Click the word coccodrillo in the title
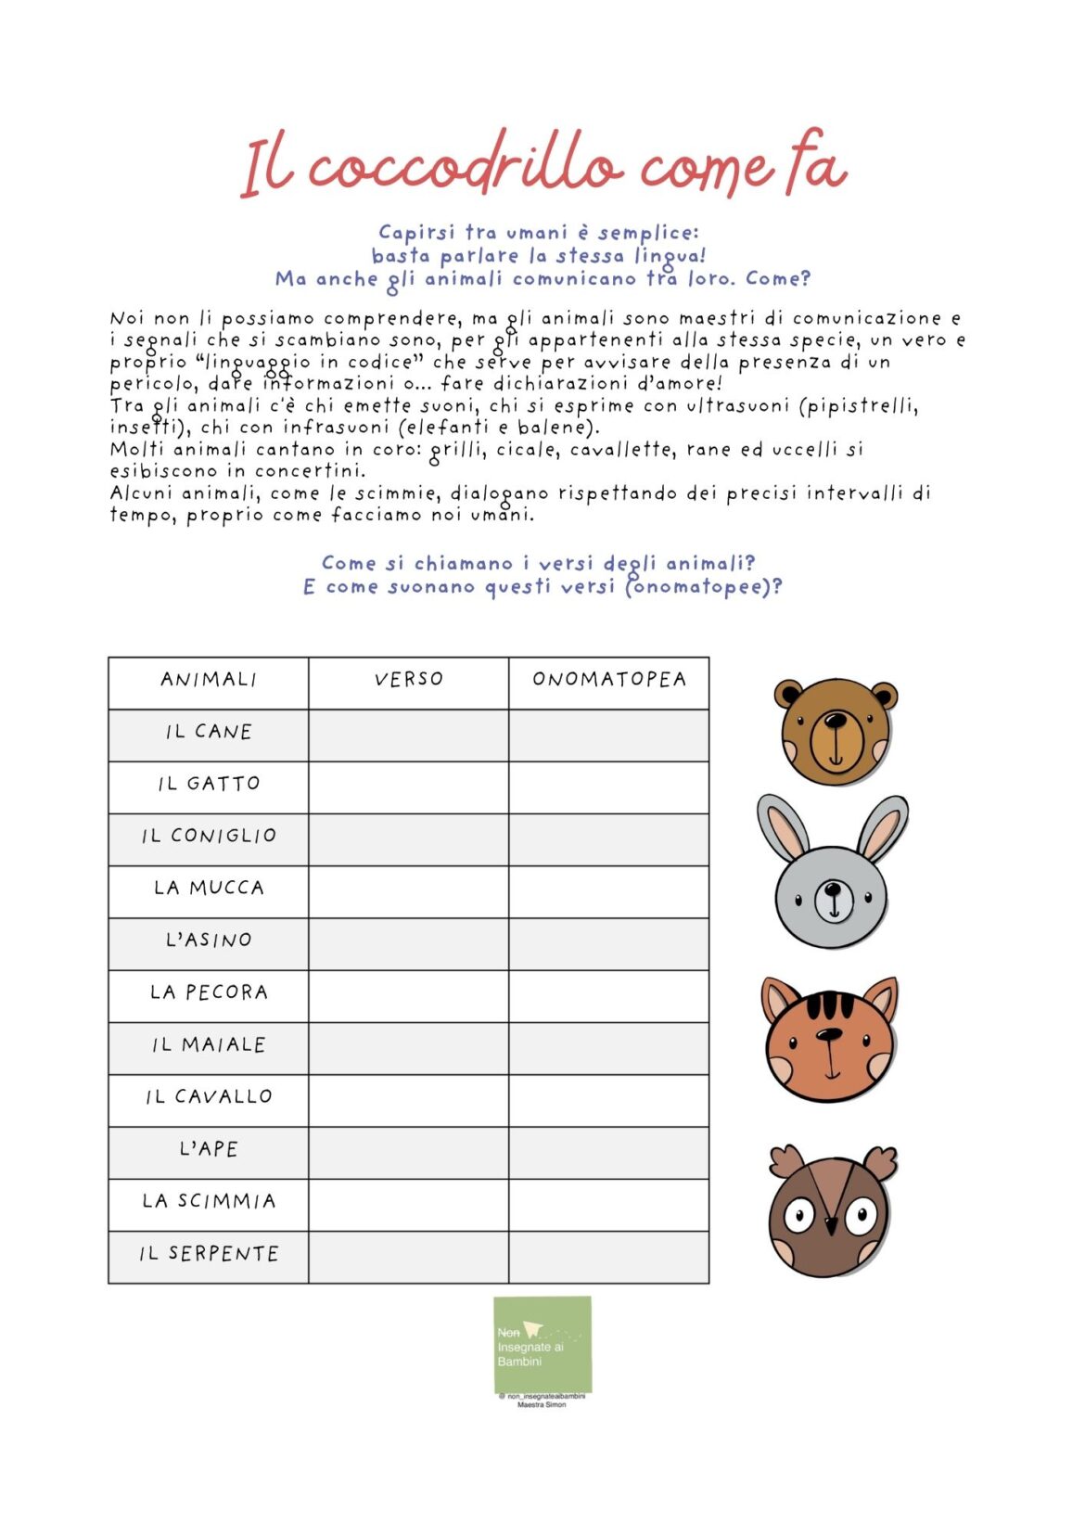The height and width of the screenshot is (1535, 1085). coord(464,167)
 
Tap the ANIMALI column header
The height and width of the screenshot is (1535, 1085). coord(209,680)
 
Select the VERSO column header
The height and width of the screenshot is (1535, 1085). coord(408,680)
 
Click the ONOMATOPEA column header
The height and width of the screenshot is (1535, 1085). coord(609,680)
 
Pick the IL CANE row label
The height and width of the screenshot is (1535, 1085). coord(209,733)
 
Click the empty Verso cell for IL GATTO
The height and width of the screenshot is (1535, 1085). coord(408,787)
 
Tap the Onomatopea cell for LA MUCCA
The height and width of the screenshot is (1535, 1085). coord(609,891)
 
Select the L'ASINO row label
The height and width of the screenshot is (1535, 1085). coord(209,940)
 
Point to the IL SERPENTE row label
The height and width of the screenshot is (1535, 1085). coord(209,1255)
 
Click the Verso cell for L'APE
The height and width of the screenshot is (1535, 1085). coord(408,1152)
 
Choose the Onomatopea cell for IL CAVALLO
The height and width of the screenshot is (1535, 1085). coord(609,1100)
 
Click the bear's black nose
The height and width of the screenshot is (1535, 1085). coord(836,722)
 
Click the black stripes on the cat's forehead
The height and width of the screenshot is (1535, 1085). coord(828,1006)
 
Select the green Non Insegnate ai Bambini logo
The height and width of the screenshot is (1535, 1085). coord(542,1344)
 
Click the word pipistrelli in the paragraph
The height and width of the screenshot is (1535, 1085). coord(862,406)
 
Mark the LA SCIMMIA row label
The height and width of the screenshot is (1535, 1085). coord(209,1202)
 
